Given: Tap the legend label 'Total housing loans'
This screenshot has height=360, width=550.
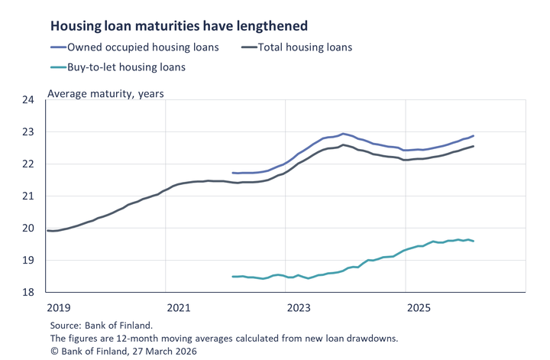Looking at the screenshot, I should click(x=306, y=47).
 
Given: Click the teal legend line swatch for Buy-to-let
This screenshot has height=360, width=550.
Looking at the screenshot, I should click(x=58, y=67).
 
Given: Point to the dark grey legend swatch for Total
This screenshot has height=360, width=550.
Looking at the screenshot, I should click(x=248, y=47).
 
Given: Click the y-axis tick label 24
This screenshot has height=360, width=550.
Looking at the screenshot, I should click(x=27, y=100).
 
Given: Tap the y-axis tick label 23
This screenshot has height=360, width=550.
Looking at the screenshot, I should click(x=27, y=132).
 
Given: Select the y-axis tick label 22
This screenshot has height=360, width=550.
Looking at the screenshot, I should click(x=27, y=164).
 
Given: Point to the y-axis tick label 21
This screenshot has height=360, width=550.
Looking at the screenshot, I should click(x=27, y=196).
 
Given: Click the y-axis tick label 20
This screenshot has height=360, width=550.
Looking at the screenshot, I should click(x=27, y=229).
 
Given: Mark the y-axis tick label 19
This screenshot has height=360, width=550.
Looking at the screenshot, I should click(x=27, y=261).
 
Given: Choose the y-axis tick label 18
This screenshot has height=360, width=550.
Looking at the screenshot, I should click(x=27, y=293).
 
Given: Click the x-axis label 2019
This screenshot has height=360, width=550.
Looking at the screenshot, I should click(x=59, y=307).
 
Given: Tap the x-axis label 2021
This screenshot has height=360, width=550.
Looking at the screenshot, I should click(x=178, y=307).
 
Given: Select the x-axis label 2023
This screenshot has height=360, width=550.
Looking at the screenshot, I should click(x=298, y=307).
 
